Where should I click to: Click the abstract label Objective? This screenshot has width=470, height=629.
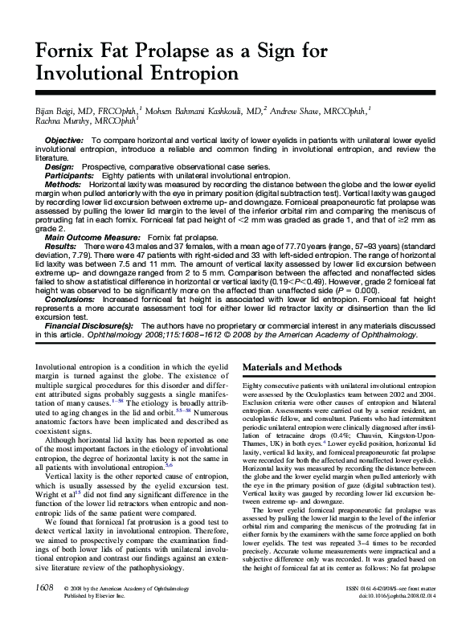click(64, 141)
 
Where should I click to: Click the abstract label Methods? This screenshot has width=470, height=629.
click(63, 185)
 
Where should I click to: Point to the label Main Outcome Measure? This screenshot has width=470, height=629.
click(93, 239)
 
